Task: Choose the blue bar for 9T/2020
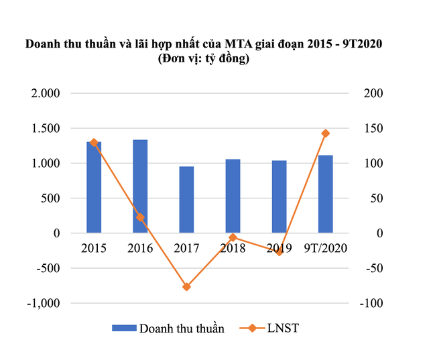pyautogui.click(x=326, y=194)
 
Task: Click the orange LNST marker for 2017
pyautogui.click(x=186, y=287)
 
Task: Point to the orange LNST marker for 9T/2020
pyautogui.click(x=326, y=133)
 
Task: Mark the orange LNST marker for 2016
pyautogui.click(x=140, y=217)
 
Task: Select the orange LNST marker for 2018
pyautogui.click(x=233, y=237)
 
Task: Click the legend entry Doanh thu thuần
pyautogui.click(x=168, y=328)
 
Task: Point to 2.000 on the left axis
pyautogui.click(x=45, y=93)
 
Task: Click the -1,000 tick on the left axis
pyautogui.click(x=43, y=303)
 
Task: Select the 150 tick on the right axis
pyautogui.click(x=373, y=128)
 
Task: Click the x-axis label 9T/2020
pyautogui.click(x=326, y=249)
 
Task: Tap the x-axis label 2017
pyautogui.click(x=186, y=249)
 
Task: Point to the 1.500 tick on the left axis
pyautogui.click(x=45, y=128)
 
